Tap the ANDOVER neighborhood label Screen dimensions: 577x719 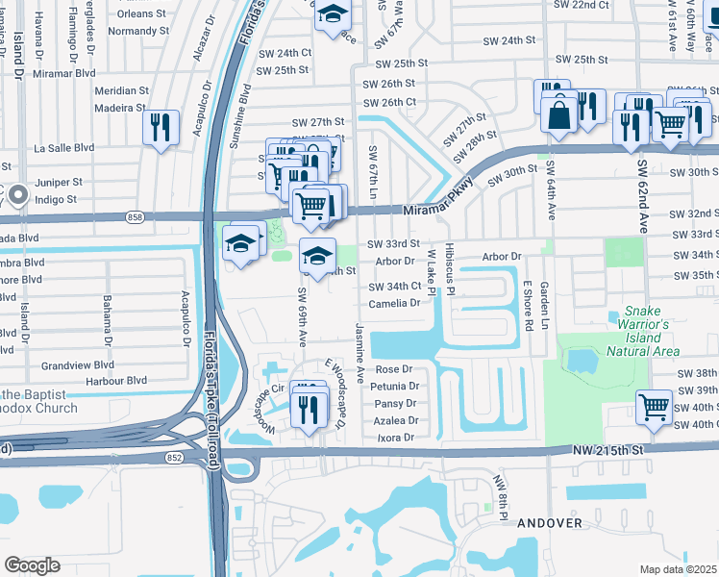click(550, 523)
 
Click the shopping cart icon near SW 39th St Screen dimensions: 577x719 click(654, 406)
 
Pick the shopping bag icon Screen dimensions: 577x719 click(559, 114)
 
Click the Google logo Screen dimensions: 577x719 click(32, 564)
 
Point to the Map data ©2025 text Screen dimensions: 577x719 click(679, 569)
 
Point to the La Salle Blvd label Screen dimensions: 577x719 click(64, 148)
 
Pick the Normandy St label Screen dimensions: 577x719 click(138, 31)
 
